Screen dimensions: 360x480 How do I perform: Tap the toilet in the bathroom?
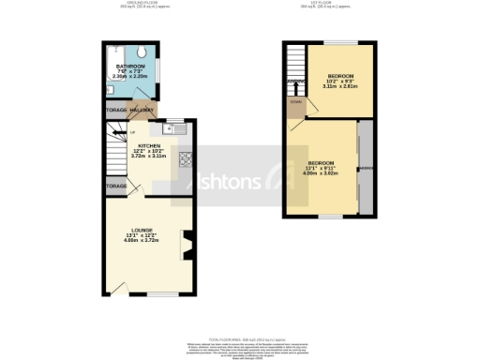click(x=140, y=52)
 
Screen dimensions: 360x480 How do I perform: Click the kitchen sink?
click(x=170, y=131)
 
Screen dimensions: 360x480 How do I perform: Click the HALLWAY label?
click(x=142, y=111)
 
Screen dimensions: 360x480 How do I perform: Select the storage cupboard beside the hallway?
click(x=116, y=111)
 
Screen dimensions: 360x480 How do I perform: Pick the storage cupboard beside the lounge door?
click(x=116, y=186)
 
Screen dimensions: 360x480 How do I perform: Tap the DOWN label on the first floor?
click(x=295, y=100)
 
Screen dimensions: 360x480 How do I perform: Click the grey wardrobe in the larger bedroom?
click(x=365, y=169)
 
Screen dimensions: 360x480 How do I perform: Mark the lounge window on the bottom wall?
click(x=148, y=293)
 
